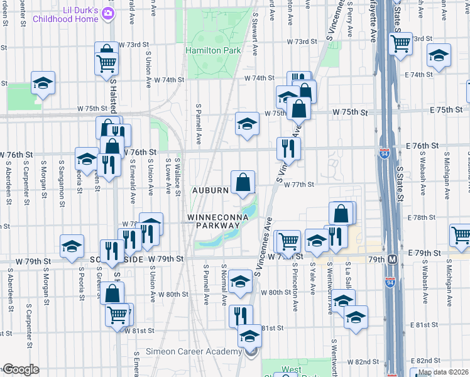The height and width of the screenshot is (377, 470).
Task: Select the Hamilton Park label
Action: point(205,50)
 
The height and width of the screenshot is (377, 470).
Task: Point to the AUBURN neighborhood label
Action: point(209,190)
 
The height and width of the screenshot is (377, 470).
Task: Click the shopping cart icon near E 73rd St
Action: point(400,43)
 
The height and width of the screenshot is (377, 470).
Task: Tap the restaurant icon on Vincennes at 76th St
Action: point(288,148)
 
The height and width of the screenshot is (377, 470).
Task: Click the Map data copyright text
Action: point(443,372)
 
